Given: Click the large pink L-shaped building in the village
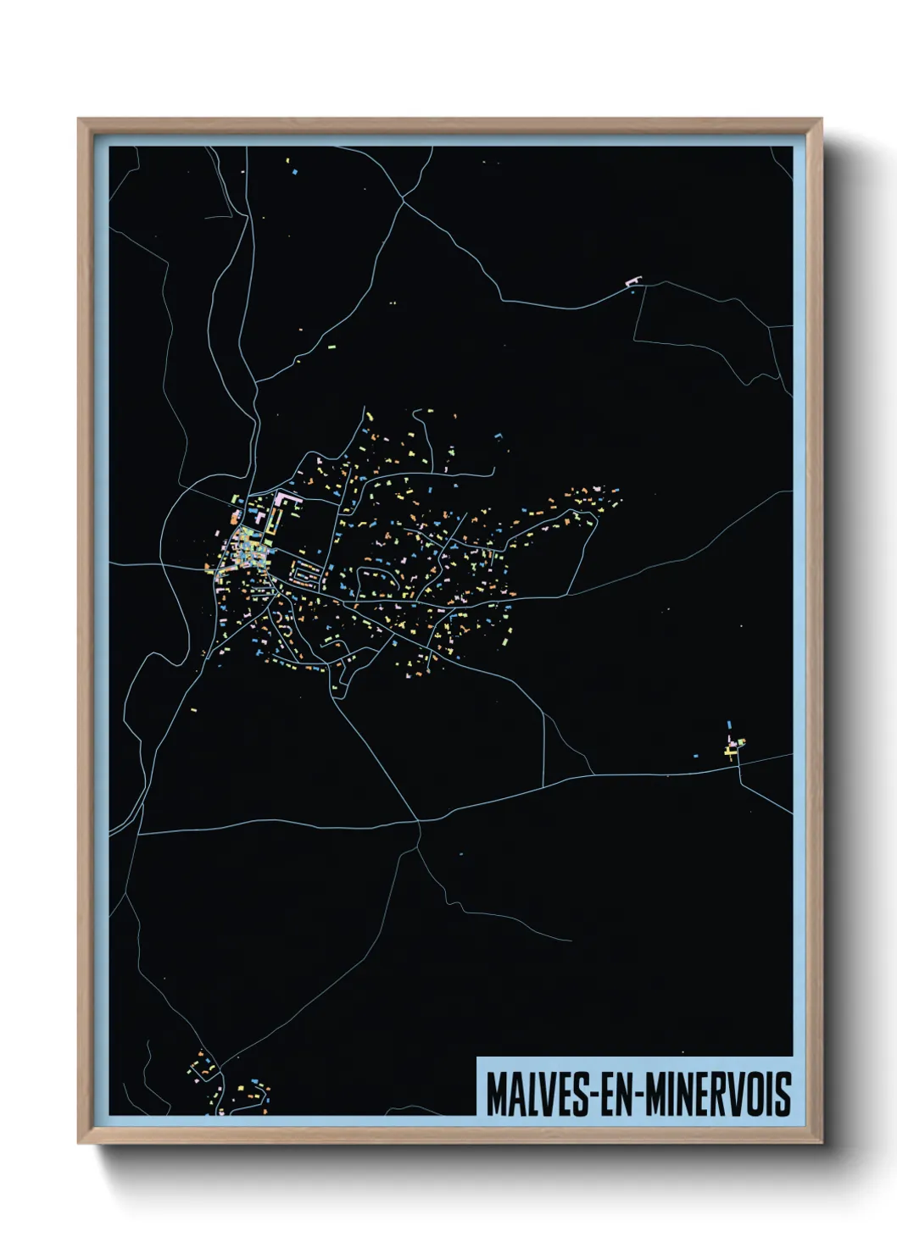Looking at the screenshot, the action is (x=287, y=506).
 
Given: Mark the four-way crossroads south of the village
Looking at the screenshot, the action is (x=418, y=820).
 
